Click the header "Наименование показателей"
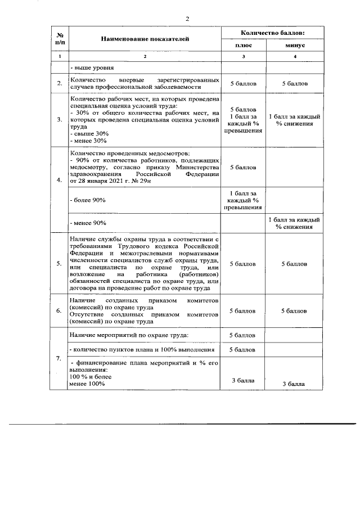145,39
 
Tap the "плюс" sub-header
243,45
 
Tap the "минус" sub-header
295,45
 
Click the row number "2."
59,84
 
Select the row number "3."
59,119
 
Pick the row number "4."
59,180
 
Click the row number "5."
59,263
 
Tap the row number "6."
59,310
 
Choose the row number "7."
59,359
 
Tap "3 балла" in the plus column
243,381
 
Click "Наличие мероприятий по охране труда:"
129,335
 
